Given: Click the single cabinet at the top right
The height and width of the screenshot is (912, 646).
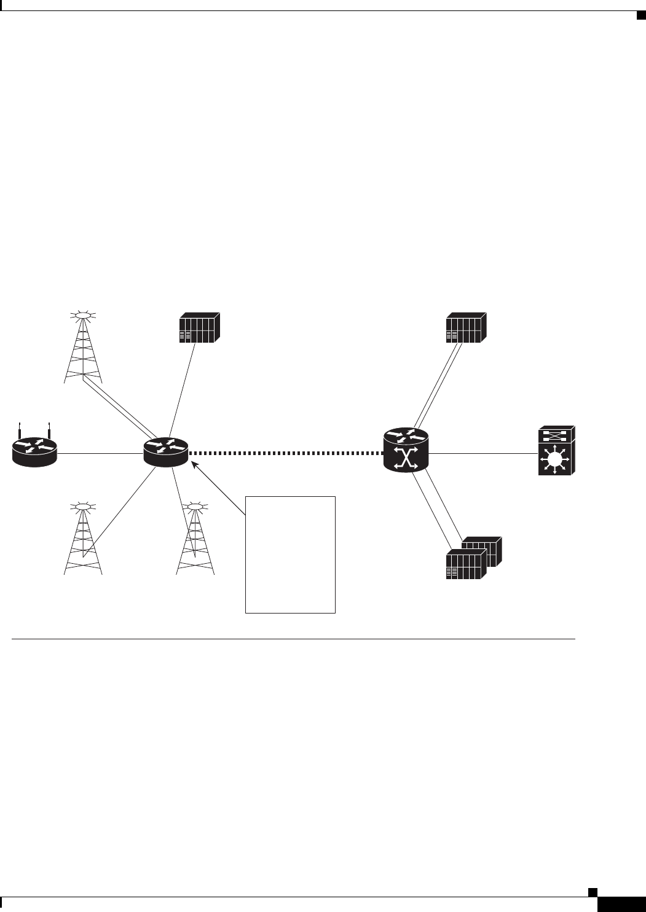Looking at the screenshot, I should (466, 329).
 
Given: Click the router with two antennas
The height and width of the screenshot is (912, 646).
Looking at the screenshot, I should (34, 451).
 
